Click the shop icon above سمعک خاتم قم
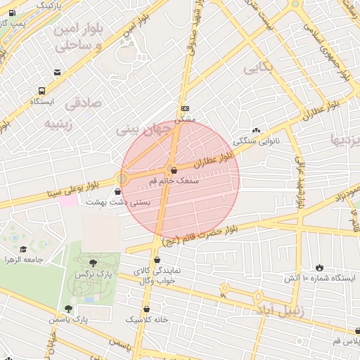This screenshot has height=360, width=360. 174,170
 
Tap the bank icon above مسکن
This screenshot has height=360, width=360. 185,108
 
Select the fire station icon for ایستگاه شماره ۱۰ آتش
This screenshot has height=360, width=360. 320,268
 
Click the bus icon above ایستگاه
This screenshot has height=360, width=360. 42,91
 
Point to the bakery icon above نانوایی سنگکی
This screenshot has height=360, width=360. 256,130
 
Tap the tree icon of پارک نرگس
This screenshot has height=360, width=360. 93,262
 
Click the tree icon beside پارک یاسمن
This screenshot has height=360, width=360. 68,309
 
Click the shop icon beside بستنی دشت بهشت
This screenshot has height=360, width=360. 107,191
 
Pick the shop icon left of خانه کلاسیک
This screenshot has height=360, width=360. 146,309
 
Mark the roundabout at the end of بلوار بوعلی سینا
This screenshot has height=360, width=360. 122,179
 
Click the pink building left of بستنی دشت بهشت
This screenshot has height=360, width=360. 68,201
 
